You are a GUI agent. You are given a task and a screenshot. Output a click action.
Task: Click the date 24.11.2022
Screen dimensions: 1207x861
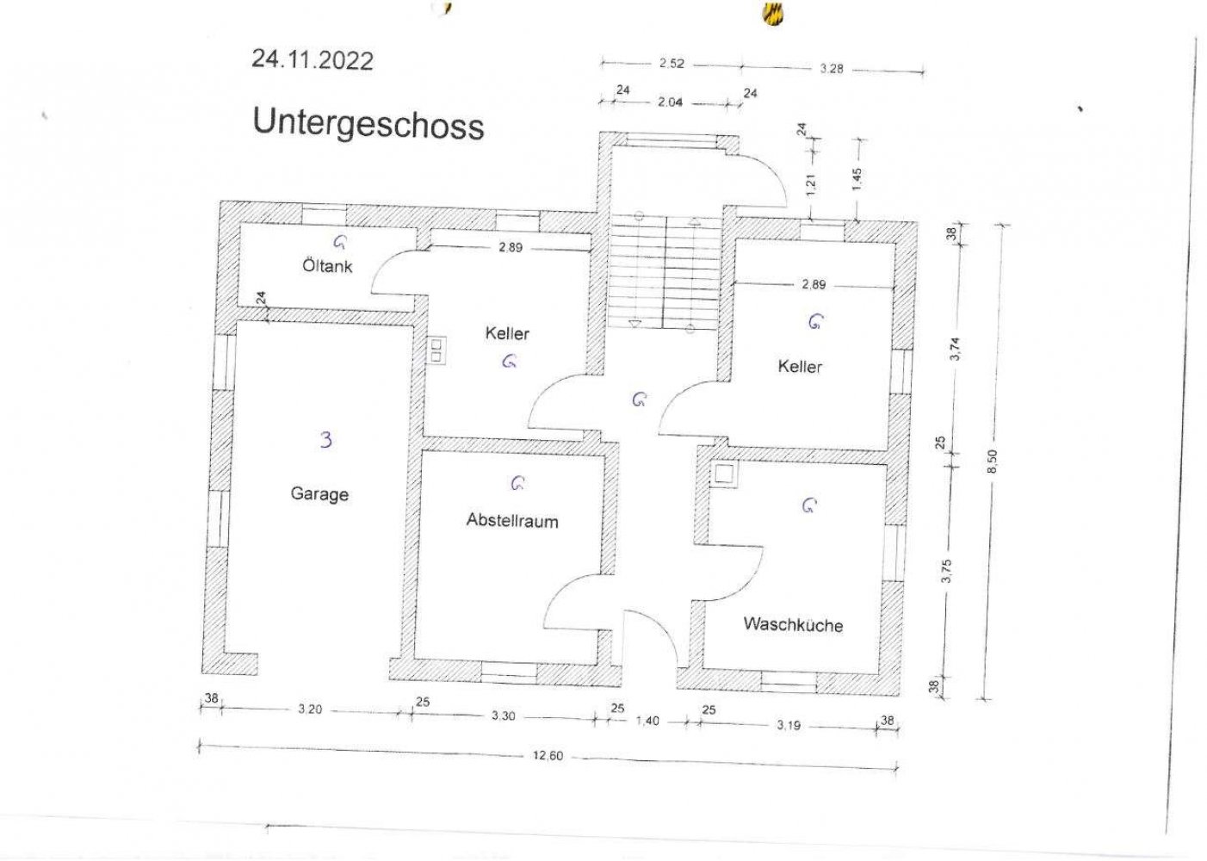pyautogui.click(x=313, y=60)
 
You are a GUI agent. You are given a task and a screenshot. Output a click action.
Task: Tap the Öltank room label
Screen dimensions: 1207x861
pyautogui.click(x=328, y=266)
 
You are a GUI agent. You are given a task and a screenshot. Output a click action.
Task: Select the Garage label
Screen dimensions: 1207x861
pyautogui.click(x=319, y=493)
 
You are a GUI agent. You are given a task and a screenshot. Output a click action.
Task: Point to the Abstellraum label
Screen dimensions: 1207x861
pyautogui.click(x=512, y=520)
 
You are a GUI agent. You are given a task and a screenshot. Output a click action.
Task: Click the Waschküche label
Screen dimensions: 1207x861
pyautogui.click(x=793, y=624)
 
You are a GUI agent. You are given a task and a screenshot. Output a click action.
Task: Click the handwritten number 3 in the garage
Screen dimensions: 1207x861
pyautogui.click(x=326, y=440)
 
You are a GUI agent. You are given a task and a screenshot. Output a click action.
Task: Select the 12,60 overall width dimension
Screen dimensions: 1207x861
pyautogui.click(x=548, y=755)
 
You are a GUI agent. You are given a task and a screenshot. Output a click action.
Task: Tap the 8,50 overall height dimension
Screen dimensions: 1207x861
pyautogui.click(x=993, y=461)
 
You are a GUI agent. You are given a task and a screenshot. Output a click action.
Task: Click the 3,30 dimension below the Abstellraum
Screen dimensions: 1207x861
pyautogui.click(x=504, y=715)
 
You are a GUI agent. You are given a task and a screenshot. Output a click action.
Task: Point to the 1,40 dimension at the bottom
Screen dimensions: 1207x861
pyautogui.click(x=647, y=721)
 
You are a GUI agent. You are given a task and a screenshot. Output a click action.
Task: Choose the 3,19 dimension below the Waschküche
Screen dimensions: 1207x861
pyautogui.click(x=789, y=725)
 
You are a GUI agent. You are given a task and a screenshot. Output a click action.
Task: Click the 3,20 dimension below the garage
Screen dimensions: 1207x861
pyautogui.click(x=310, y=709)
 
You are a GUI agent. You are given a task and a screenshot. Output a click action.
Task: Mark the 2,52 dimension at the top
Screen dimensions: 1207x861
pyautogui.click(x=672, y=64)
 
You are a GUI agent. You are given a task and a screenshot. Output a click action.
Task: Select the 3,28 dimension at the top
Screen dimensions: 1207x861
pyautogui.click(x=832, y=68)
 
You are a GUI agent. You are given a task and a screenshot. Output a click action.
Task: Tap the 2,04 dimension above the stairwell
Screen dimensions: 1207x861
pyautogui.click(x=671, y=102)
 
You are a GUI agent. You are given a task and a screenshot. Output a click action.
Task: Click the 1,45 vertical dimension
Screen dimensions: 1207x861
pyautogui.click(x=857, y=179)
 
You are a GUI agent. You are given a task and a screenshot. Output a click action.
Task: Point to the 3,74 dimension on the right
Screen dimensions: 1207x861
pyautogui.click(x=955, y=349)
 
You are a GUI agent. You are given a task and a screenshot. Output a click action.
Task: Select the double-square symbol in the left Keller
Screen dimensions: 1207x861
pyautogui.click(x=436, y=350)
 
